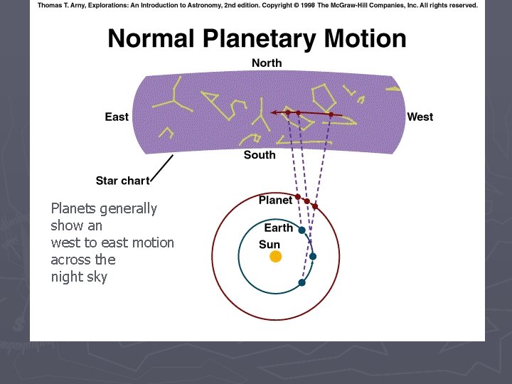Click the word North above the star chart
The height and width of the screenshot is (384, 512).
(x=267, y=63)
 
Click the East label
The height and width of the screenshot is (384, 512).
(x=117, y=117)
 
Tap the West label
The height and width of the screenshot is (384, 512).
(x=420, y=117)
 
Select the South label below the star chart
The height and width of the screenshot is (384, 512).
(x=260, y=155)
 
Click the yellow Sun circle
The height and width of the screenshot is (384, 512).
(x=275, y=256)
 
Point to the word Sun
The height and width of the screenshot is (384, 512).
(x=270, y=244)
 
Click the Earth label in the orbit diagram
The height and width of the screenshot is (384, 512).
(x=278, y=228)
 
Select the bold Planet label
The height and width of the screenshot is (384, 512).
(x=275, y=201)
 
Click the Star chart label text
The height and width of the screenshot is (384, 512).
(x=122, y=181)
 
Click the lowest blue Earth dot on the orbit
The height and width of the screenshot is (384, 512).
(x=302, y=282)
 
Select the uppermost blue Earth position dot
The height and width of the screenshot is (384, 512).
(x=302, y=230)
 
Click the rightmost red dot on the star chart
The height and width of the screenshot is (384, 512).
(x=331, y=114)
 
